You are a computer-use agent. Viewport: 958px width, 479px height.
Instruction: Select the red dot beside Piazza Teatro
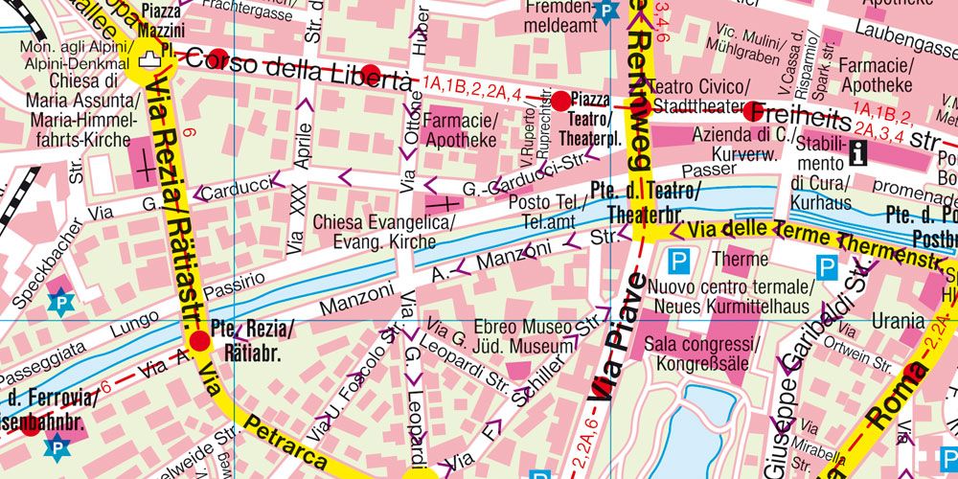tap(560, 101)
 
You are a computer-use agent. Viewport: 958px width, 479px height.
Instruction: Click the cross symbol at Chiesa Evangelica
tap(441, 204)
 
